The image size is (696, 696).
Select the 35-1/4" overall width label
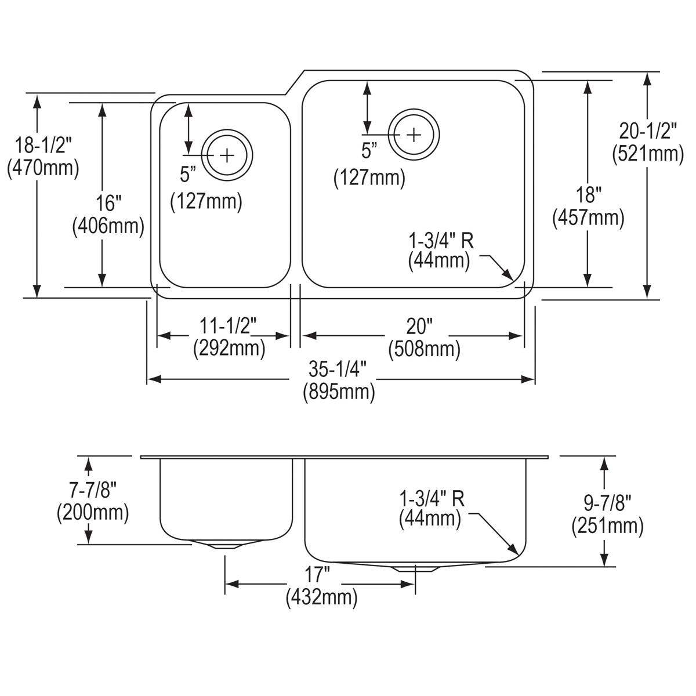click(x=338, y=369)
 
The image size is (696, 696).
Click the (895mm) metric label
click(x=338, y=392)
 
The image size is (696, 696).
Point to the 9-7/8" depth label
click(x=607, y=502)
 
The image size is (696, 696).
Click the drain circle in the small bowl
click(x=227, y=155)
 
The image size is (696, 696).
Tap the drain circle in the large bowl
click(x=414, y=134)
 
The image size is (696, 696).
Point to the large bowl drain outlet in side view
click(x=415, y=568)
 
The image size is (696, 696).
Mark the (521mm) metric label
click(x=648, y=154)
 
